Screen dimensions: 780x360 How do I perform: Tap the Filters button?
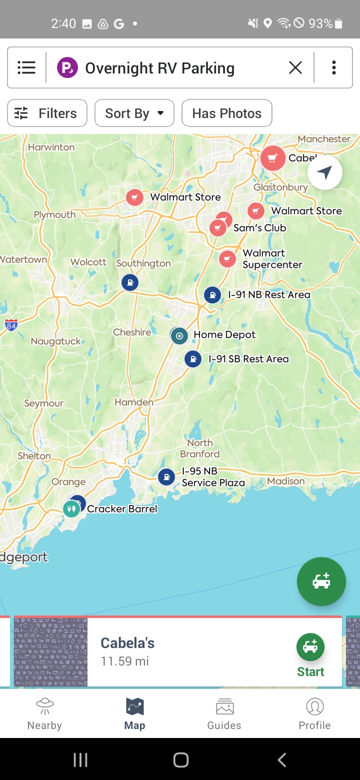pos(47,113)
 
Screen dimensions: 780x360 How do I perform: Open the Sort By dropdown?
pos(134,113)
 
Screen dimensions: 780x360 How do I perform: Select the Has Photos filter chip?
pos(226,113)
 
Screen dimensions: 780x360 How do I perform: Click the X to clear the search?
pos(295,67)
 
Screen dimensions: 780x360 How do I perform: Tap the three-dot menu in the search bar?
pos(333,67)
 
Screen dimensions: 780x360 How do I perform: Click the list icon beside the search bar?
pos(26,67)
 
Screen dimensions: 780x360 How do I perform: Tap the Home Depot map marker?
pos(179,335)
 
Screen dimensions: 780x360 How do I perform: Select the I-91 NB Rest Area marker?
pos(212,295)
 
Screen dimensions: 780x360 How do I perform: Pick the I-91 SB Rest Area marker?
pos(192,359)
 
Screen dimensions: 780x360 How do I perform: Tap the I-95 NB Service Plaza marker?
pos(166,477)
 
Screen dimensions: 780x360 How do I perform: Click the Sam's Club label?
pos(259,228)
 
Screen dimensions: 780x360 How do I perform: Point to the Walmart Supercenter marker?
pos(227,259)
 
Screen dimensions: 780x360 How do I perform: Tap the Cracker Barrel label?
pos(122,509)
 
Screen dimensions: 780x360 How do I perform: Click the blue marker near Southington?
pos(130,282)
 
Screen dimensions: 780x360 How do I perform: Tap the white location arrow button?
pos(325,173)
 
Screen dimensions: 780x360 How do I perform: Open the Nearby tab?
pos(44,714)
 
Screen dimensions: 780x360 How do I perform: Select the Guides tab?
pos(224,714)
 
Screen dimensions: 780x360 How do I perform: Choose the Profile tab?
pos(314,714)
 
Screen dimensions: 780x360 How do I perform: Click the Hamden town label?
pos(134,402)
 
